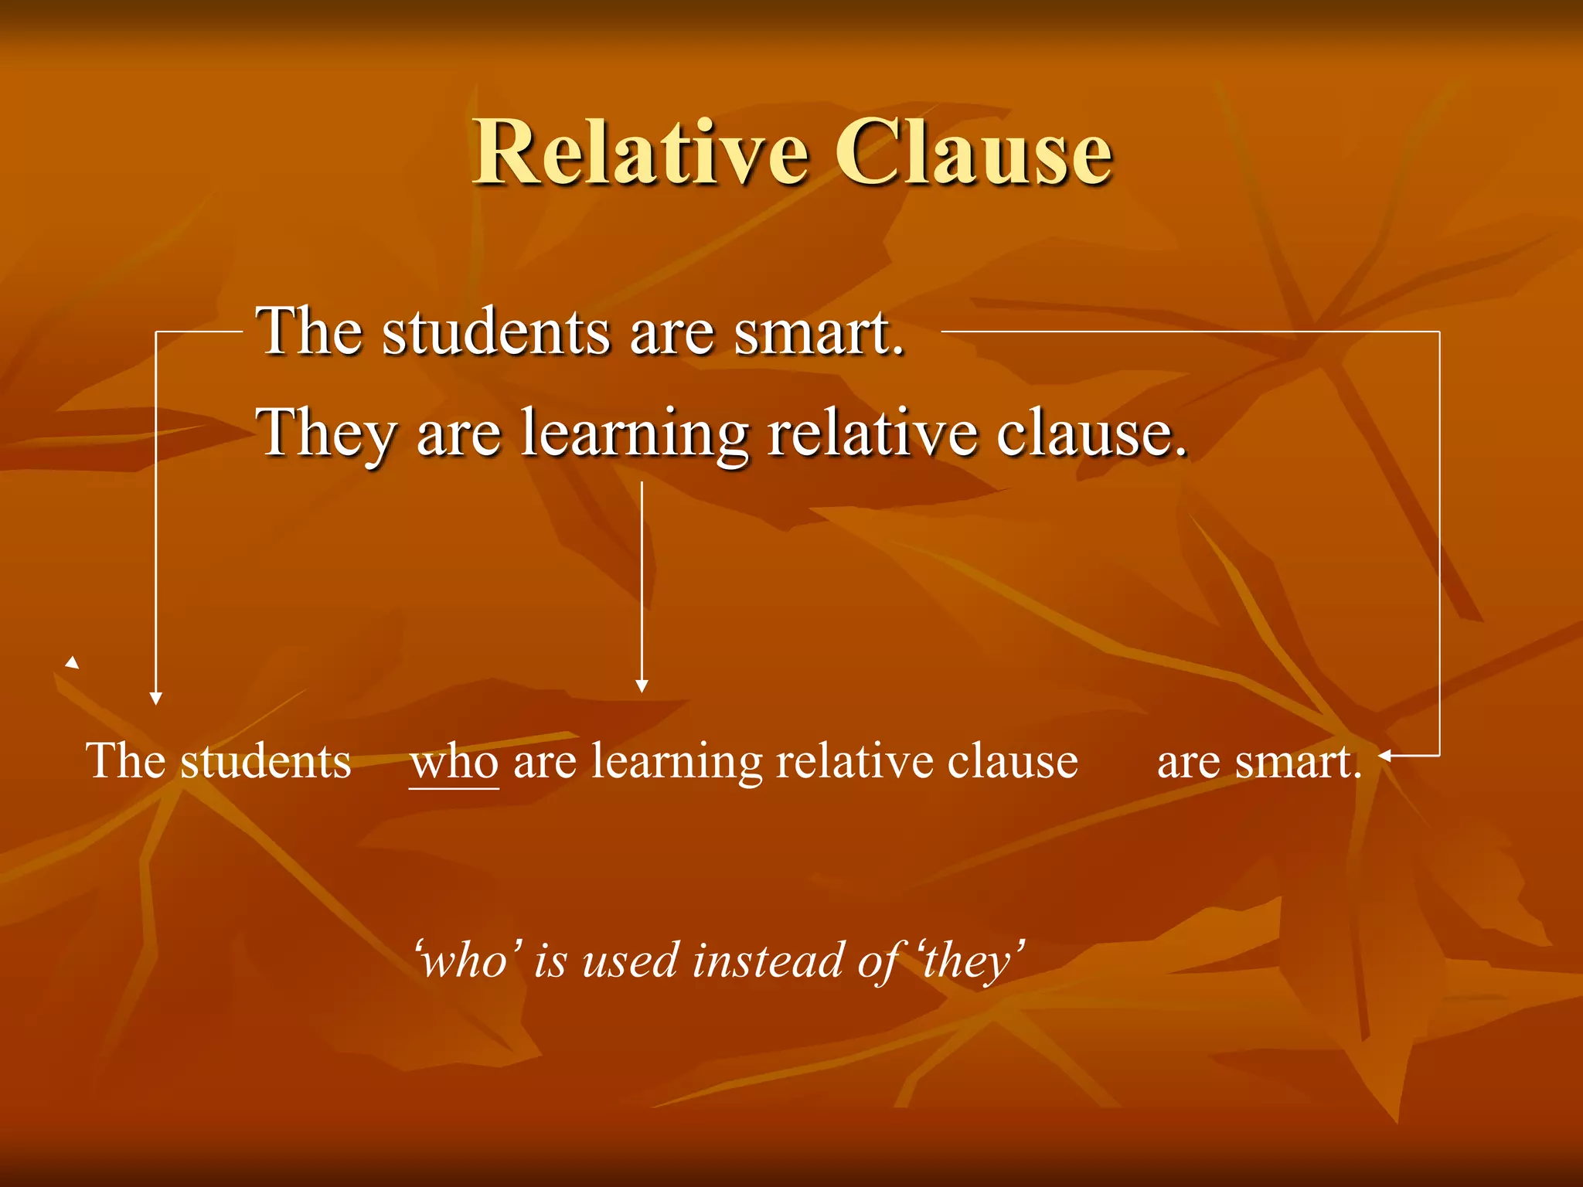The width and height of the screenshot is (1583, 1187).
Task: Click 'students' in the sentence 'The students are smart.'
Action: click(495, 332)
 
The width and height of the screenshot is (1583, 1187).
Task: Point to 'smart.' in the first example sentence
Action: click(819, 332)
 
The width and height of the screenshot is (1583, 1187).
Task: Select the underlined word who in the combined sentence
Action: click(454, 762)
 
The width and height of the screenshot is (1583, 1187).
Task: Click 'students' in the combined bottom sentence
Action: click(265, 762)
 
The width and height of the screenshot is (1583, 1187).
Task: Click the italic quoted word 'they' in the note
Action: click(972, 961)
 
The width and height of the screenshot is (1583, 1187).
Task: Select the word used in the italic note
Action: click(630, 961)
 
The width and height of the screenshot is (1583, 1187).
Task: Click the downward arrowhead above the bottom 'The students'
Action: click(156, 699)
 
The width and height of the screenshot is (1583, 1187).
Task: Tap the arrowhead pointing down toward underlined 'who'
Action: click(642, 686)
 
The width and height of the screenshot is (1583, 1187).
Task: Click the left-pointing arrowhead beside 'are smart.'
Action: click(1385, 756)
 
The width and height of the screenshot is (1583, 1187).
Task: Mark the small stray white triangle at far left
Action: click(73, 662)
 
